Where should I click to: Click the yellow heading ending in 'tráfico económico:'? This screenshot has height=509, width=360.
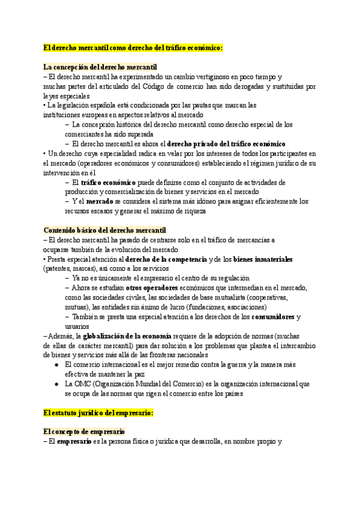pyautogui.click(x=133, y=47)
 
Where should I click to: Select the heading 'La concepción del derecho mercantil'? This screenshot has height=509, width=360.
pyautogui.click(x=101, y=67)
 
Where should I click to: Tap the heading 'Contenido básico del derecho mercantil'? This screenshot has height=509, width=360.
pyautogui.click(x=105, y=230)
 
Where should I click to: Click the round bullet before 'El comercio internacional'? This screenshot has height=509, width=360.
pyautogui.click(x=56, y=364)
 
